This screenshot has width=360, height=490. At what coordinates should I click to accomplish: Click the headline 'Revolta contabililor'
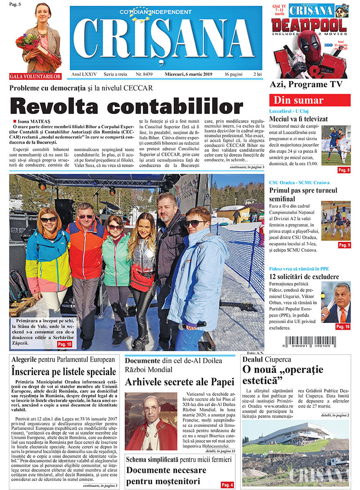click(x=126, y=106)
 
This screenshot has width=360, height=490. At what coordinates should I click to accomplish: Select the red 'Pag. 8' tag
click(x=344, y=170)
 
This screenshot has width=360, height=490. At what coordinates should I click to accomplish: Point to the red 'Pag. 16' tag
click(x=343, y=327)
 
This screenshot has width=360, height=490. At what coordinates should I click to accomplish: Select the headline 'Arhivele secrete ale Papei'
click(x=180, y=382)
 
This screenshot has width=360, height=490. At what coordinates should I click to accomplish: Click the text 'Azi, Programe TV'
click(x=306, y=84)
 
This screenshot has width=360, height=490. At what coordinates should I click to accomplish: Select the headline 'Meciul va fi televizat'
click(x=305, y=119)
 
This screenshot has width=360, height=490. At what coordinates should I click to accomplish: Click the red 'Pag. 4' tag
click(x=227, y=485)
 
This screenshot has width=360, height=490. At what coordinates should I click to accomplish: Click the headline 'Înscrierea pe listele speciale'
click(x=64, y=372)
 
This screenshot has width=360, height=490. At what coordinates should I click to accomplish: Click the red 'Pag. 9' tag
click(x=344, y=245)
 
